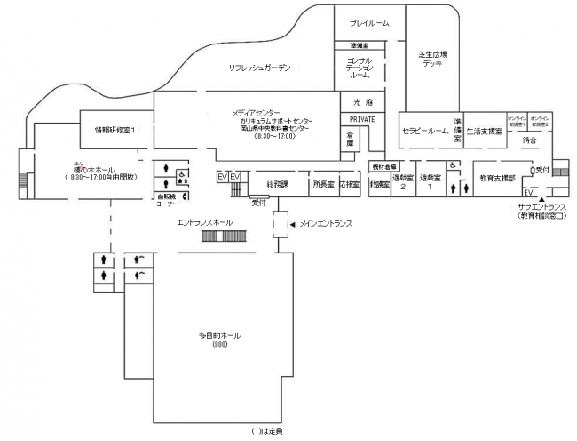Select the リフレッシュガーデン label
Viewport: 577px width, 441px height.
click(x=259, y=68)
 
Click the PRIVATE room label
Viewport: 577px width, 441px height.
click(x=362, y=118)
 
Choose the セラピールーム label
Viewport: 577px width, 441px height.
click(x=425, y=131)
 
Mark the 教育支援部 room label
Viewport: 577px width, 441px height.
click(x=496, y=178)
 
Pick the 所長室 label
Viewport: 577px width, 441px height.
click(x=323, y=184)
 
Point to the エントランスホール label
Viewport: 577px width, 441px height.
click(x=205, y=221)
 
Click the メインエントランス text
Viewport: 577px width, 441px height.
click(x=326, y=225)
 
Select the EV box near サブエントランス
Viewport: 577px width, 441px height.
click(x=527, y=191)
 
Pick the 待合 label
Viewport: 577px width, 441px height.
click(x=531, y=139)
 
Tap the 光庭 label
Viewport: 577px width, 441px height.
click(x=362, y=102)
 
